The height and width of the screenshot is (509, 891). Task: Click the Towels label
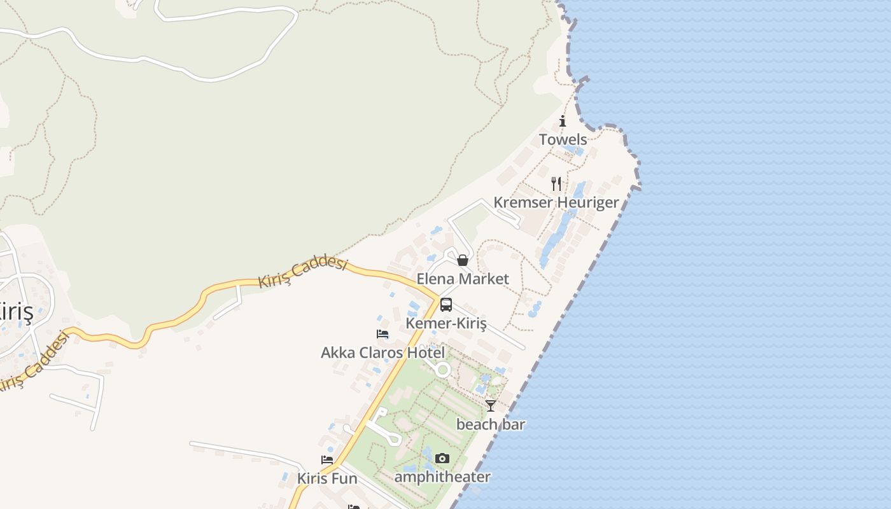coord(563,139)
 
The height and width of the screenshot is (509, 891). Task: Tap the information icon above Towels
coord(563,121)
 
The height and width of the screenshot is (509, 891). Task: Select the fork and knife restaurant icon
coord(556,184)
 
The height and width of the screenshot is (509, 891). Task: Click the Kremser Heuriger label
coord(556,202)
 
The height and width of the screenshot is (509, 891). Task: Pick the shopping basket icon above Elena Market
coord(463,260)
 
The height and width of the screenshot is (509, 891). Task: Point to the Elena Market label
coord(463,279)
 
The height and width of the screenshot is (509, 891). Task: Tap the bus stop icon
coord(446,305)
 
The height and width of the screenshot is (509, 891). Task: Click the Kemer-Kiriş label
coord(446,323)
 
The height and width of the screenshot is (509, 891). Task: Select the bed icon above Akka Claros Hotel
coord(382,333)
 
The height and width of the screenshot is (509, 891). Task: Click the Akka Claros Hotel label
coord(382,352)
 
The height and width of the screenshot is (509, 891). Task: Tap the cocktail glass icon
coord(491,405)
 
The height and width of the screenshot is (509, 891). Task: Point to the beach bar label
coord(491,424)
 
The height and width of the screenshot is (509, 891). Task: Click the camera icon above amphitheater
coord(442,458)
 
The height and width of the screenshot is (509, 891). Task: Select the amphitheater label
coord(442,477)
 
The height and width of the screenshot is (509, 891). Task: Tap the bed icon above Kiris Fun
coord(327,459)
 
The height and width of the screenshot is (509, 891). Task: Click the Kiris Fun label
coord(327,478)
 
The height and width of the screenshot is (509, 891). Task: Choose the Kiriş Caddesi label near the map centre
coord(303,272)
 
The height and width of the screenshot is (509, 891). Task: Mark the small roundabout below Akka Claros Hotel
coord(443,370)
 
